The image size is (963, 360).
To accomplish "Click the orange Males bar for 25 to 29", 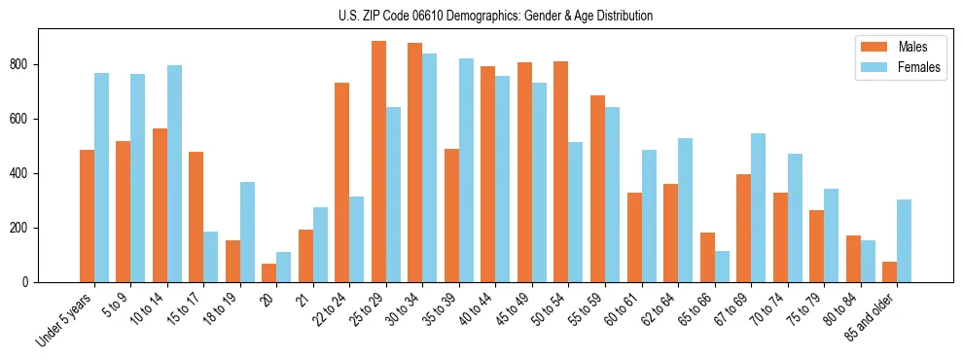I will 378,162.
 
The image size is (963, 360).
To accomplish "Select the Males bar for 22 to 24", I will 342,183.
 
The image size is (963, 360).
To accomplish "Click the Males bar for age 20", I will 269,273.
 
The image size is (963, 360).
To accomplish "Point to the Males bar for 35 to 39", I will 451,216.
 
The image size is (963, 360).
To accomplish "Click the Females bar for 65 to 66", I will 722,267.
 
